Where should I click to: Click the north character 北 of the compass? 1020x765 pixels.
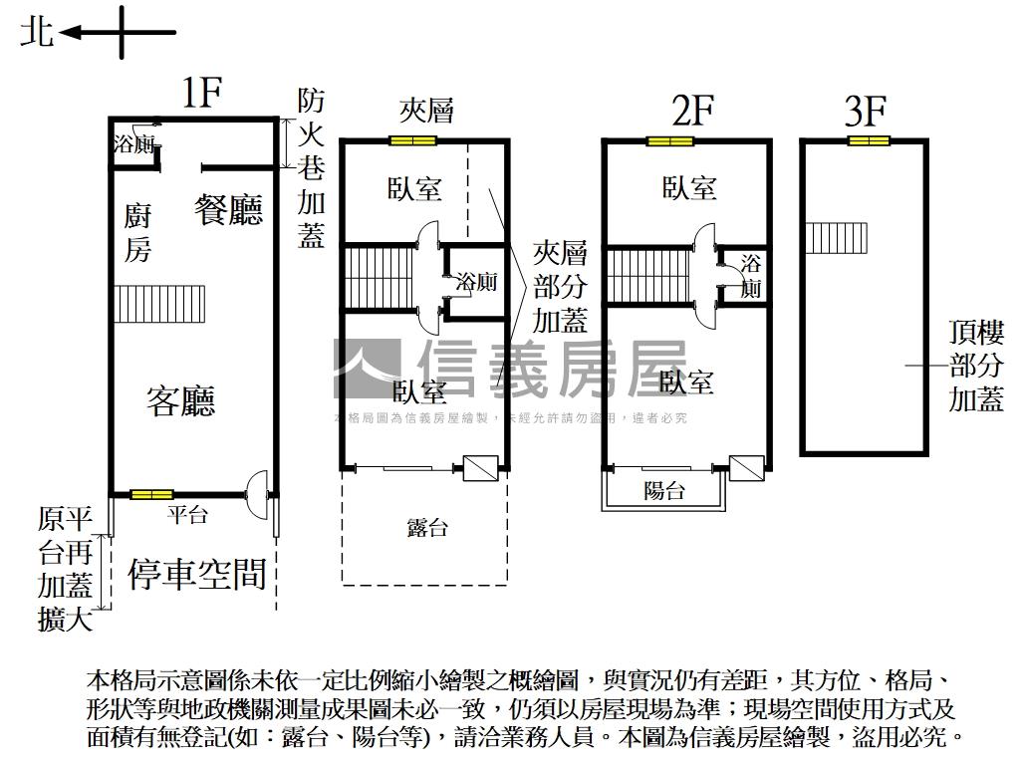point(38,33)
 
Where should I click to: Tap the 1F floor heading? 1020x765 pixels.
point(200,93)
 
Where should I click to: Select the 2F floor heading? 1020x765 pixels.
point(693,111)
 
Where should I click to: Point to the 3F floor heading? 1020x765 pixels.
point(866,111)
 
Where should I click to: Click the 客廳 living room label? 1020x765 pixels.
point(180,401)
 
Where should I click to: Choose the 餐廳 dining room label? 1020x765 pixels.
point(228,210)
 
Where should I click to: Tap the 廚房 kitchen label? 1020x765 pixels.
point(137,232)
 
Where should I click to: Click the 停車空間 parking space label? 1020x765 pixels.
point(197,574)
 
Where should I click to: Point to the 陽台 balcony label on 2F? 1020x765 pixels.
point(664,490)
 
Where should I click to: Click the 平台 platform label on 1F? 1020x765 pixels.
point(187,514)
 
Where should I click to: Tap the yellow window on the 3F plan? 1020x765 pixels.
point(869,140)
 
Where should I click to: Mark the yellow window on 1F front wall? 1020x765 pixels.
point(152,494)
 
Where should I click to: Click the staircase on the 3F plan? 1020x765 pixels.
point(825,238)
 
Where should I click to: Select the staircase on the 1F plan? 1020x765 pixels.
point(159,303)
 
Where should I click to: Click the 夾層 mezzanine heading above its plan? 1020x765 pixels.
point(426,111)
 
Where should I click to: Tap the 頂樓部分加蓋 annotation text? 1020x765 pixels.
point(976,366)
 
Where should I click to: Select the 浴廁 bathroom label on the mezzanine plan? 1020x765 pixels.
point(476,282)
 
